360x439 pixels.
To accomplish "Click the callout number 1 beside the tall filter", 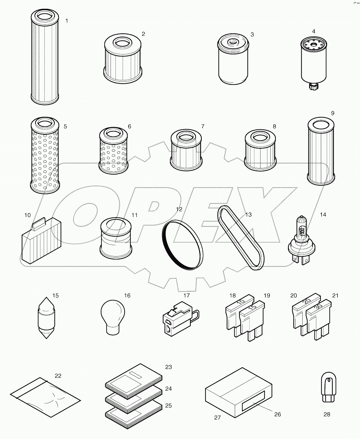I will [67, 21].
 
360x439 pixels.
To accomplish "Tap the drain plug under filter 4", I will [313, 86].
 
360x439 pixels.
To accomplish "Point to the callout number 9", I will [332, 113].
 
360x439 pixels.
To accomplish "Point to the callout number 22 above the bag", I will [58, 376].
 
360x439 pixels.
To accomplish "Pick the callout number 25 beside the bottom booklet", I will [168, 406].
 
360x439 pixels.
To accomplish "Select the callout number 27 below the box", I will [217, 417].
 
